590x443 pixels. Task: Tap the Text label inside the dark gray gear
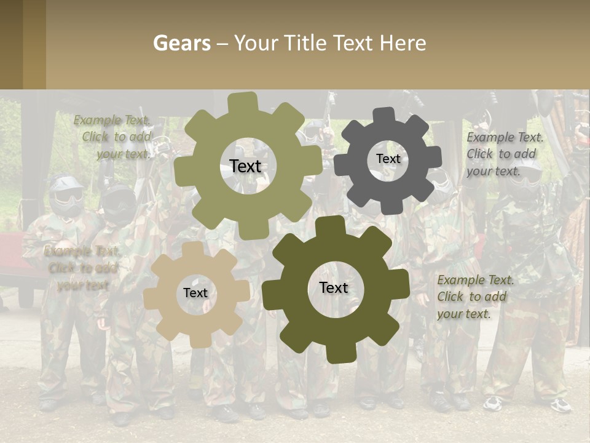(x=388, y=159)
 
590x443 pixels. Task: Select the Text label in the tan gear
(x=195, y=293)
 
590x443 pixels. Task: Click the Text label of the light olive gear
(x=245, y=166)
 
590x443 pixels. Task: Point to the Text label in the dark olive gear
(x=334, y=287)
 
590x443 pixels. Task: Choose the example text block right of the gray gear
(x=505, y=154)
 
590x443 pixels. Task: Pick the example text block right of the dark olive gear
(x=475, y=297)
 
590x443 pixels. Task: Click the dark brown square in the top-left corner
(x=11, y=44)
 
